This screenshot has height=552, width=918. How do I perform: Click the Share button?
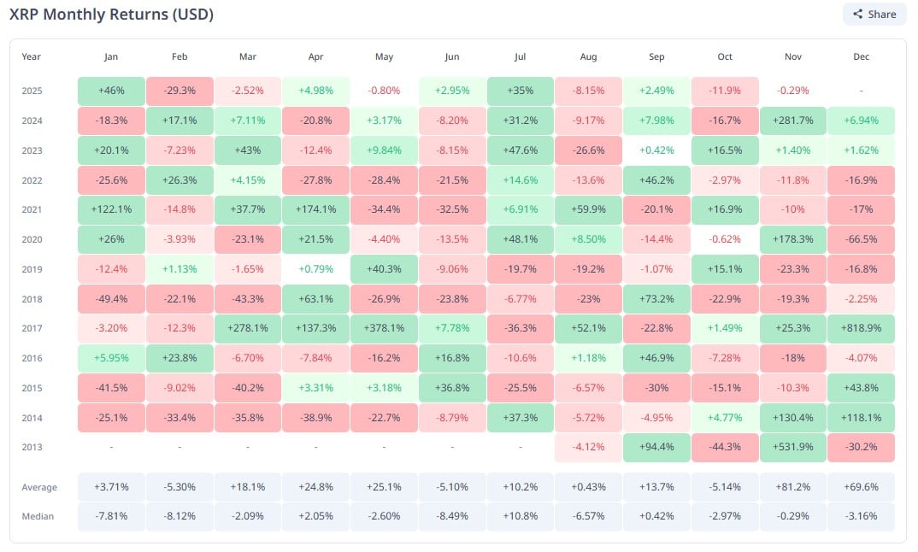874,14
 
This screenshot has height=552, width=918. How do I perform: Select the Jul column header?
521,57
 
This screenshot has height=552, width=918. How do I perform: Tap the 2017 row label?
32,328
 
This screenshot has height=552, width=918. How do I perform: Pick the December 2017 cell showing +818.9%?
861,328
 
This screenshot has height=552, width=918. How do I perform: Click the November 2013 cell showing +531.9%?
792,447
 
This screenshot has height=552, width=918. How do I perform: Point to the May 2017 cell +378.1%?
384,328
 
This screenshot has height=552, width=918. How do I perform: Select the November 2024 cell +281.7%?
792,120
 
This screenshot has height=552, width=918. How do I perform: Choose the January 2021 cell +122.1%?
111,209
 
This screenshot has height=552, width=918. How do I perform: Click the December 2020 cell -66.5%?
861,239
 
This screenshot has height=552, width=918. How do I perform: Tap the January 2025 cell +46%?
111,91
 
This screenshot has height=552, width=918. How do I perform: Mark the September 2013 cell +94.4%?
656,447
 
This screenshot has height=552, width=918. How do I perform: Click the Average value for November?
792,487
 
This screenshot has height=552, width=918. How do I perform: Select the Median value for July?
521,517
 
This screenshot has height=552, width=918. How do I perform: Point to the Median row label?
37,517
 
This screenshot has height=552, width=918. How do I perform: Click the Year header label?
32,57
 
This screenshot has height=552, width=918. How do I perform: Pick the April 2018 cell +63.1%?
315,298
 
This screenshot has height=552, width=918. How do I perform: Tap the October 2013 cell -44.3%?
725,447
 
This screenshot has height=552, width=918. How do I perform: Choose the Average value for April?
315,487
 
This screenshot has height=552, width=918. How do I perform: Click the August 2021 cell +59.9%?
588,209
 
